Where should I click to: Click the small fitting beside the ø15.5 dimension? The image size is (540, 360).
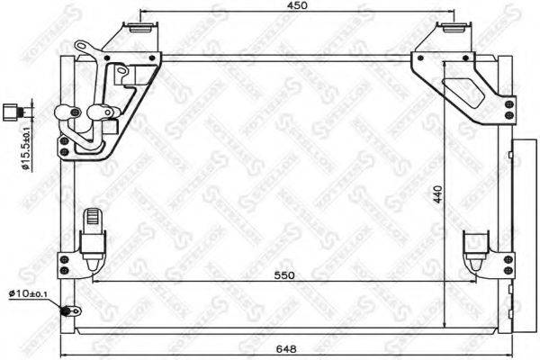pos(13,112)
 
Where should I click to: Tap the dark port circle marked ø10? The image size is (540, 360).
pos(66,312)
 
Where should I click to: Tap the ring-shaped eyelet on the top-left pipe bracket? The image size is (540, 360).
pos(82,47)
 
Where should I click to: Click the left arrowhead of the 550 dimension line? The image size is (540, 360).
pos(94,280)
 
